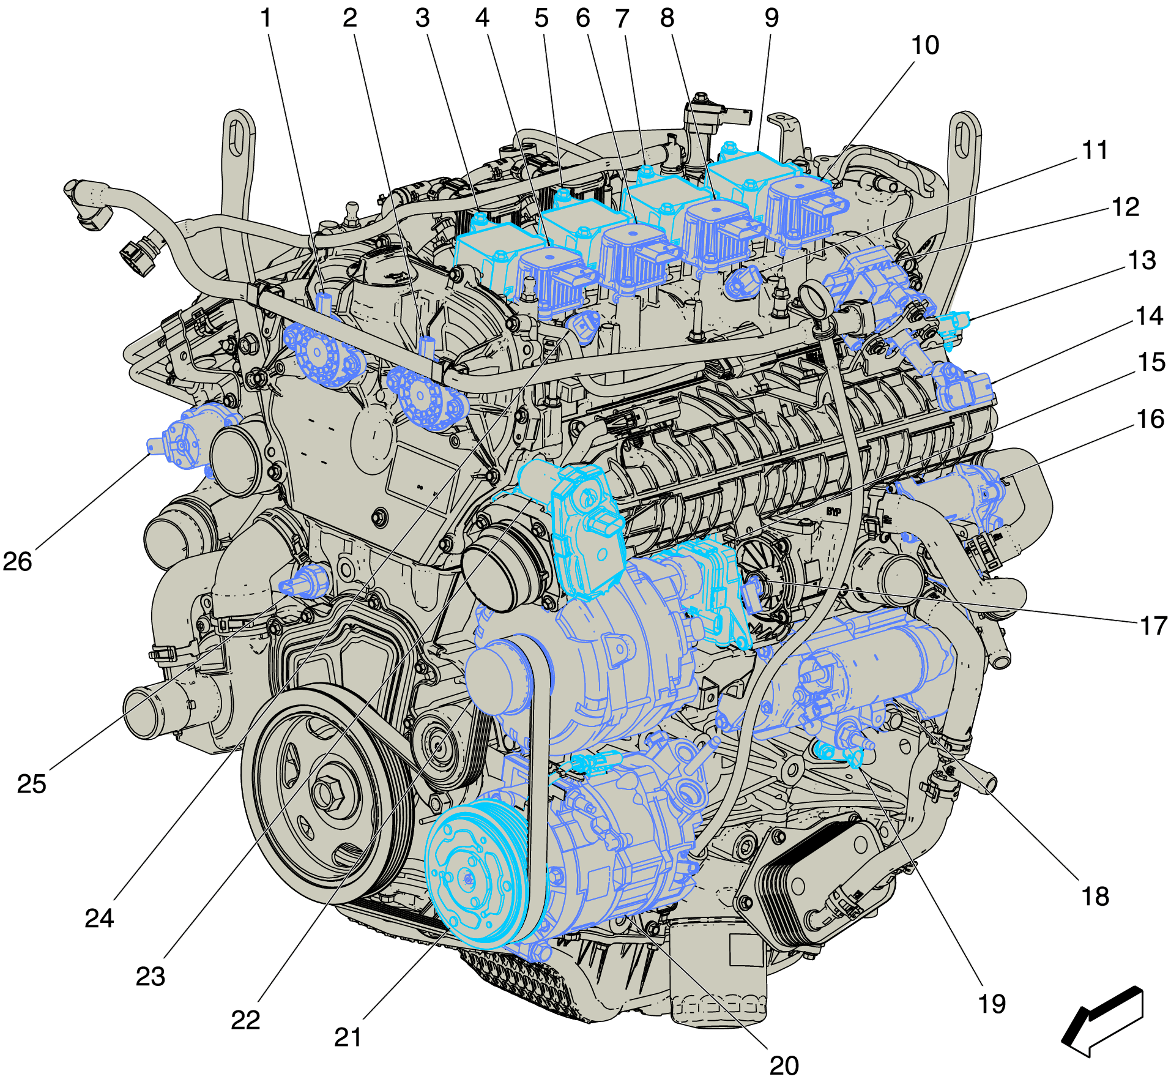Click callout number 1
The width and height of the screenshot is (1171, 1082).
point(266,19)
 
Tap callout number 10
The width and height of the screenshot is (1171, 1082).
point(925,45)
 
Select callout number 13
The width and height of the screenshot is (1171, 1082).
point(1142,261)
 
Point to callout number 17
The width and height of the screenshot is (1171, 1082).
point(1154,626)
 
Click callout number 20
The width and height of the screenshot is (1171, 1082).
point(784,1066)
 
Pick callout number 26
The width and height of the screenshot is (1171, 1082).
point(17,562)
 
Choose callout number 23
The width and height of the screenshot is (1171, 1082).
point(151,977)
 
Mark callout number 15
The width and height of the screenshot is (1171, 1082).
point(1151,363)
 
